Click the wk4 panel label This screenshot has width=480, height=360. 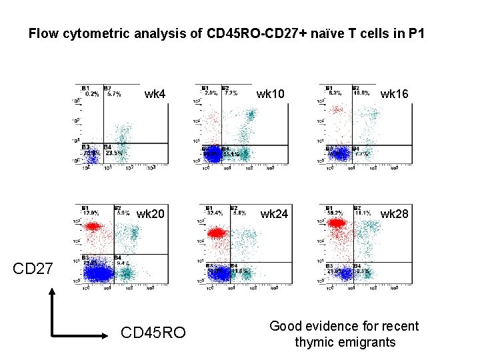pos(155,95)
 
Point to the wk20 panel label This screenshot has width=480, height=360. pos(151,214)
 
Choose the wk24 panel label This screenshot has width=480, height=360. pos(274,214)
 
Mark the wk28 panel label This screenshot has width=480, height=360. pos(393,214)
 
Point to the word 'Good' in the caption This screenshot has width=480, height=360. pos(286,326)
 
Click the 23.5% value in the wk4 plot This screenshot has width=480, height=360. pos(114,153)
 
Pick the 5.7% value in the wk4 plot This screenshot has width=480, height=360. pos(113,94)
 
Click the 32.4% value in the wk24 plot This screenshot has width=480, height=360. pos(215,213)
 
